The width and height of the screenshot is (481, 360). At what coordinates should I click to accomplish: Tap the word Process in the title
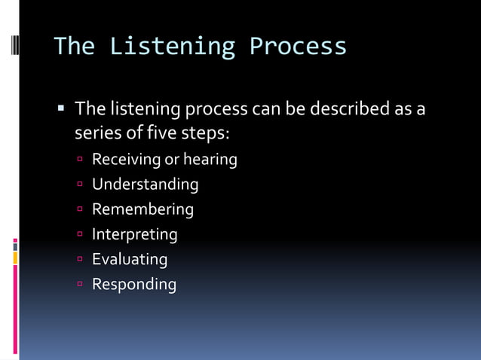(x=298, y=47)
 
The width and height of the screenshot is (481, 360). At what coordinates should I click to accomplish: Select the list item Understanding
(x=145, y=185)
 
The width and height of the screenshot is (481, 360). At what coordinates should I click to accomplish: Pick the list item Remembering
(x=142, y=209)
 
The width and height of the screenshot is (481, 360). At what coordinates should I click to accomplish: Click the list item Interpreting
(x=134, y=234)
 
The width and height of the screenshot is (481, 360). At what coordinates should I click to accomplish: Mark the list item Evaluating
(x=130, y=259)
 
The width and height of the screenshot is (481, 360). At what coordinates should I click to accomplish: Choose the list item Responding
(x=133, y=284)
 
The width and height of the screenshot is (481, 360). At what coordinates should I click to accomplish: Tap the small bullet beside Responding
(x=80, y=285)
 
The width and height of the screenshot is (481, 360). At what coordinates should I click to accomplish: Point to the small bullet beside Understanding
(x=80, y=185)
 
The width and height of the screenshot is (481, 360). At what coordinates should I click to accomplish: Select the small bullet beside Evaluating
(x=80, y=260)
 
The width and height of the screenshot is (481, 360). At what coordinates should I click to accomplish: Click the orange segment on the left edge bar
(x=15, y=258)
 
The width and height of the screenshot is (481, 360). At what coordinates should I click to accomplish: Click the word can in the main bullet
(x=268, y=109)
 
